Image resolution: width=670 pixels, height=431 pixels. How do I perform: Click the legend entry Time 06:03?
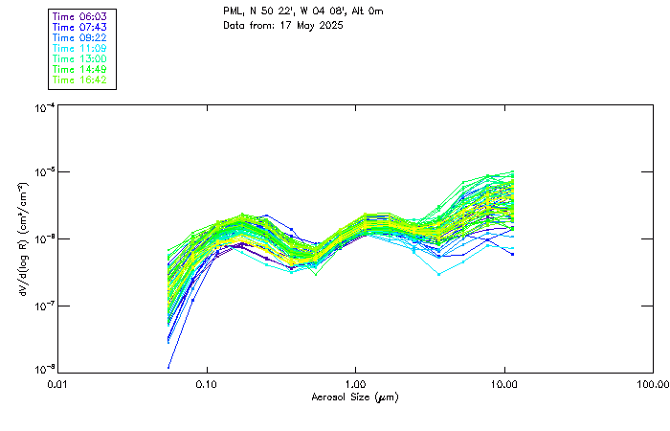(x=80, y=16)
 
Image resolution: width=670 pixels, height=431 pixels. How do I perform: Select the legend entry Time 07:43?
(x=80, y=27)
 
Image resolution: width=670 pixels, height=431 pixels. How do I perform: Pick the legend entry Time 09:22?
(x=80, y=37)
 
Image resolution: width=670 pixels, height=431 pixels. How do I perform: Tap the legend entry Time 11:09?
(x=80, y=48)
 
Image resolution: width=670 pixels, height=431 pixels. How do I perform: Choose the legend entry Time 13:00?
(x=80, y=58)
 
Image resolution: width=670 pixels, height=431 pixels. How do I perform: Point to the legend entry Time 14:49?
(x=80, y=69)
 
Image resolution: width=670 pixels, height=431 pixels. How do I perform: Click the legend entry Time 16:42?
(x=80, y=79)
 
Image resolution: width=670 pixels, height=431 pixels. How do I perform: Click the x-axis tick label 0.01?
(x=58, y=385)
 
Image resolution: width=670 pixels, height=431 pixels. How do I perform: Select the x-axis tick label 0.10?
(x=207, y=385)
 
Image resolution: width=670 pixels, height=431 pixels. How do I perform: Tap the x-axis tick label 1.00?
(x=355, y=385)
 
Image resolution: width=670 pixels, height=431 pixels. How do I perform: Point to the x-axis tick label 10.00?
(x=503, y=385)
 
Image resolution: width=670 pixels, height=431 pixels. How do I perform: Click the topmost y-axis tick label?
(x=43, y=108)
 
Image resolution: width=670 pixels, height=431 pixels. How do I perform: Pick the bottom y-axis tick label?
(x=43, y=370)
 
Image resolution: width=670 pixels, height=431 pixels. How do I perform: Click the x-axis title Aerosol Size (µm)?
(x=355, y=397)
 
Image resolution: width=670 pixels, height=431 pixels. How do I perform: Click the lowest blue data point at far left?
(x=169, y=367)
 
